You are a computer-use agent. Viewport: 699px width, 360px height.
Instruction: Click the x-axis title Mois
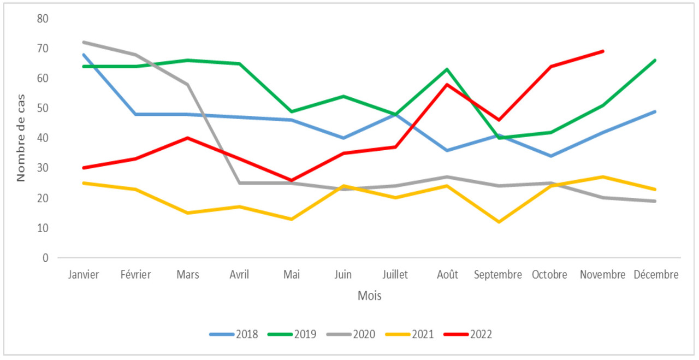[369, 296]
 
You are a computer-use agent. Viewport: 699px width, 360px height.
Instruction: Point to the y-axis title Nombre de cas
[21, 138]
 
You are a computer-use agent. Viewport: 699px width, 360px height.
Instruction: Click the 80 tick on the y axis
[43, 19]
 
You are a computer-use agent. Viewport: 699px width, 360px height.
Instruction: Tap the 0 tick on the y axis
[45, 257]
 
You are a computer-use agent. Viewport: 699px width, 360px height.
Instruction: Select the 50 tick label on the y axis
[43, 108]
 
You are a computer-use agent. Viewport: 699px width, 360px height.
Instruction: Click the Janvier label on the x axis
[84, 275]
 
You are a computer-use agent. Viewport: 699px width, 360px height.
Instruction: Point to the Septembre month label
[498, 275]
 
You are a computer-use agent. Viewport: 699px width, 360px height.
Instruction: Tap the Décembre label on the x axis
[656, 275]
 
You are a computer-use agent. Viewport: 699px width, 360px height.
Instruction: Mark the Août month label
[447, 275]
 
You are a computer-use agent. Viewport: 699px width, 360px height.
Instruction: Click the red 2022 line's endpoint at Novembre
[603, 51]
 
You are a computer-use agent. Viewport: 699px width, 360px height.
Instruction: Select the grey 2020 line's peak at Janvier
[84, 42]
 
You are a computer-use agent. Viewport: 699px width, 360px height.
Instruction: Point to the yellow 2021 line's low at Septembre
[499, 222]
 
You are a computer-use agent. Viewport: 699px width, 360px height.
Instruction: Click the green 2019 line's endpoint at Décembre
[655, 60]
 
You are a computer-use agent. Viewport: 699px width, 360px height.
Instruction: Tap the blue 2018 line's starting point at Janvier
[84, 55]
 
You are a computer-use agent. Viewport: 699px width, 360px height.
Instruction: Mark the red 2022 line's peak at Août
[447, 84]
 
